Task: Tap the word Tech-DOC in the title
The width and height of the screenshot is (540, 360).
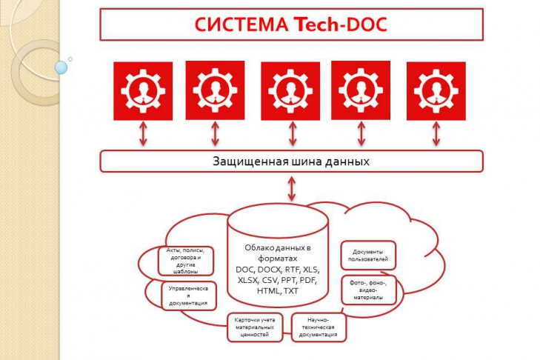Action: coord(341,26)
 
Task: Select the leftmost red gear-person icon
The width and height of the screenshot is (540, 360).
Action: coord(143,90)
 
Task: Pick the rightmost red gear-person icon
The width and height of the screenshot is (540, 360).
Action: coord(436,90)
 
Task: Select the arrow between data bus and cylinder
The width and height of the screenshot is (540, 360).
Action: coord(291,188)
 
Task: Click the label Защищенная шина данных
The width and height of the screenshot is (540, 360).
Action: coord(291,161)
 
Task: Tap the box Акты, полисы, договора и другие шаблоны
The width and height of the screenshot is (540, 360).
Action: coord(186,261)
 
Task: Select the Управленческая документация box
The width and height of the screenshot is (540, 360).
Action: coord(188,294)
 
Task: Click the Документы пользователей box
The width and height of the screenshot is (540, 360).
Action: coord(368,256)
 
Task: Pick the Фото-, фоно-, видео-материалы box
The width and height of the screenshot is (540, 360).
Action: coord(368,289)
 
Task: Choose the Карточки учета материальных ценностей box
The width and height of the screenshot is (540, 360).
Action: coord(255,327)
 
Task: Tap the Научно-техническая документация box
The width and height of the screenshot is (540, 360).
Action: coord(319,327)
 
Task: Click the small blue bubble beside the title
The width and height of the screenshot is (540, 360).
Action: coord(61,67)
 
